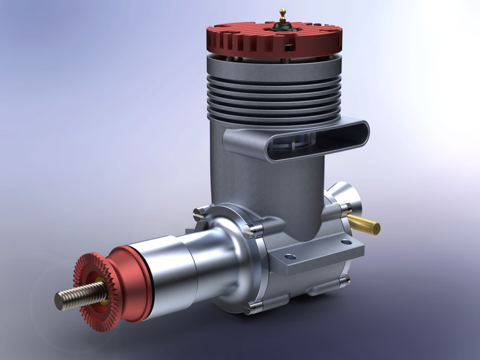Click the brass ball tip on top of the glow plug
tap(282, 11)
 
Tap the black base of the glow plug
tap(282, 25)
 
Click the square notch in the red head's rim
tap(289, 46)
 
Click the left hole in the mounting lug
tap(290, 256)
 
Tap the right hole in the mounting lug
tap(347, 241)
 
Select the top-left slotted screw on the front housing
tap(198, 213)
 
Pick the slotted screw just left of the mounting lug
tap(252, 228)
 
